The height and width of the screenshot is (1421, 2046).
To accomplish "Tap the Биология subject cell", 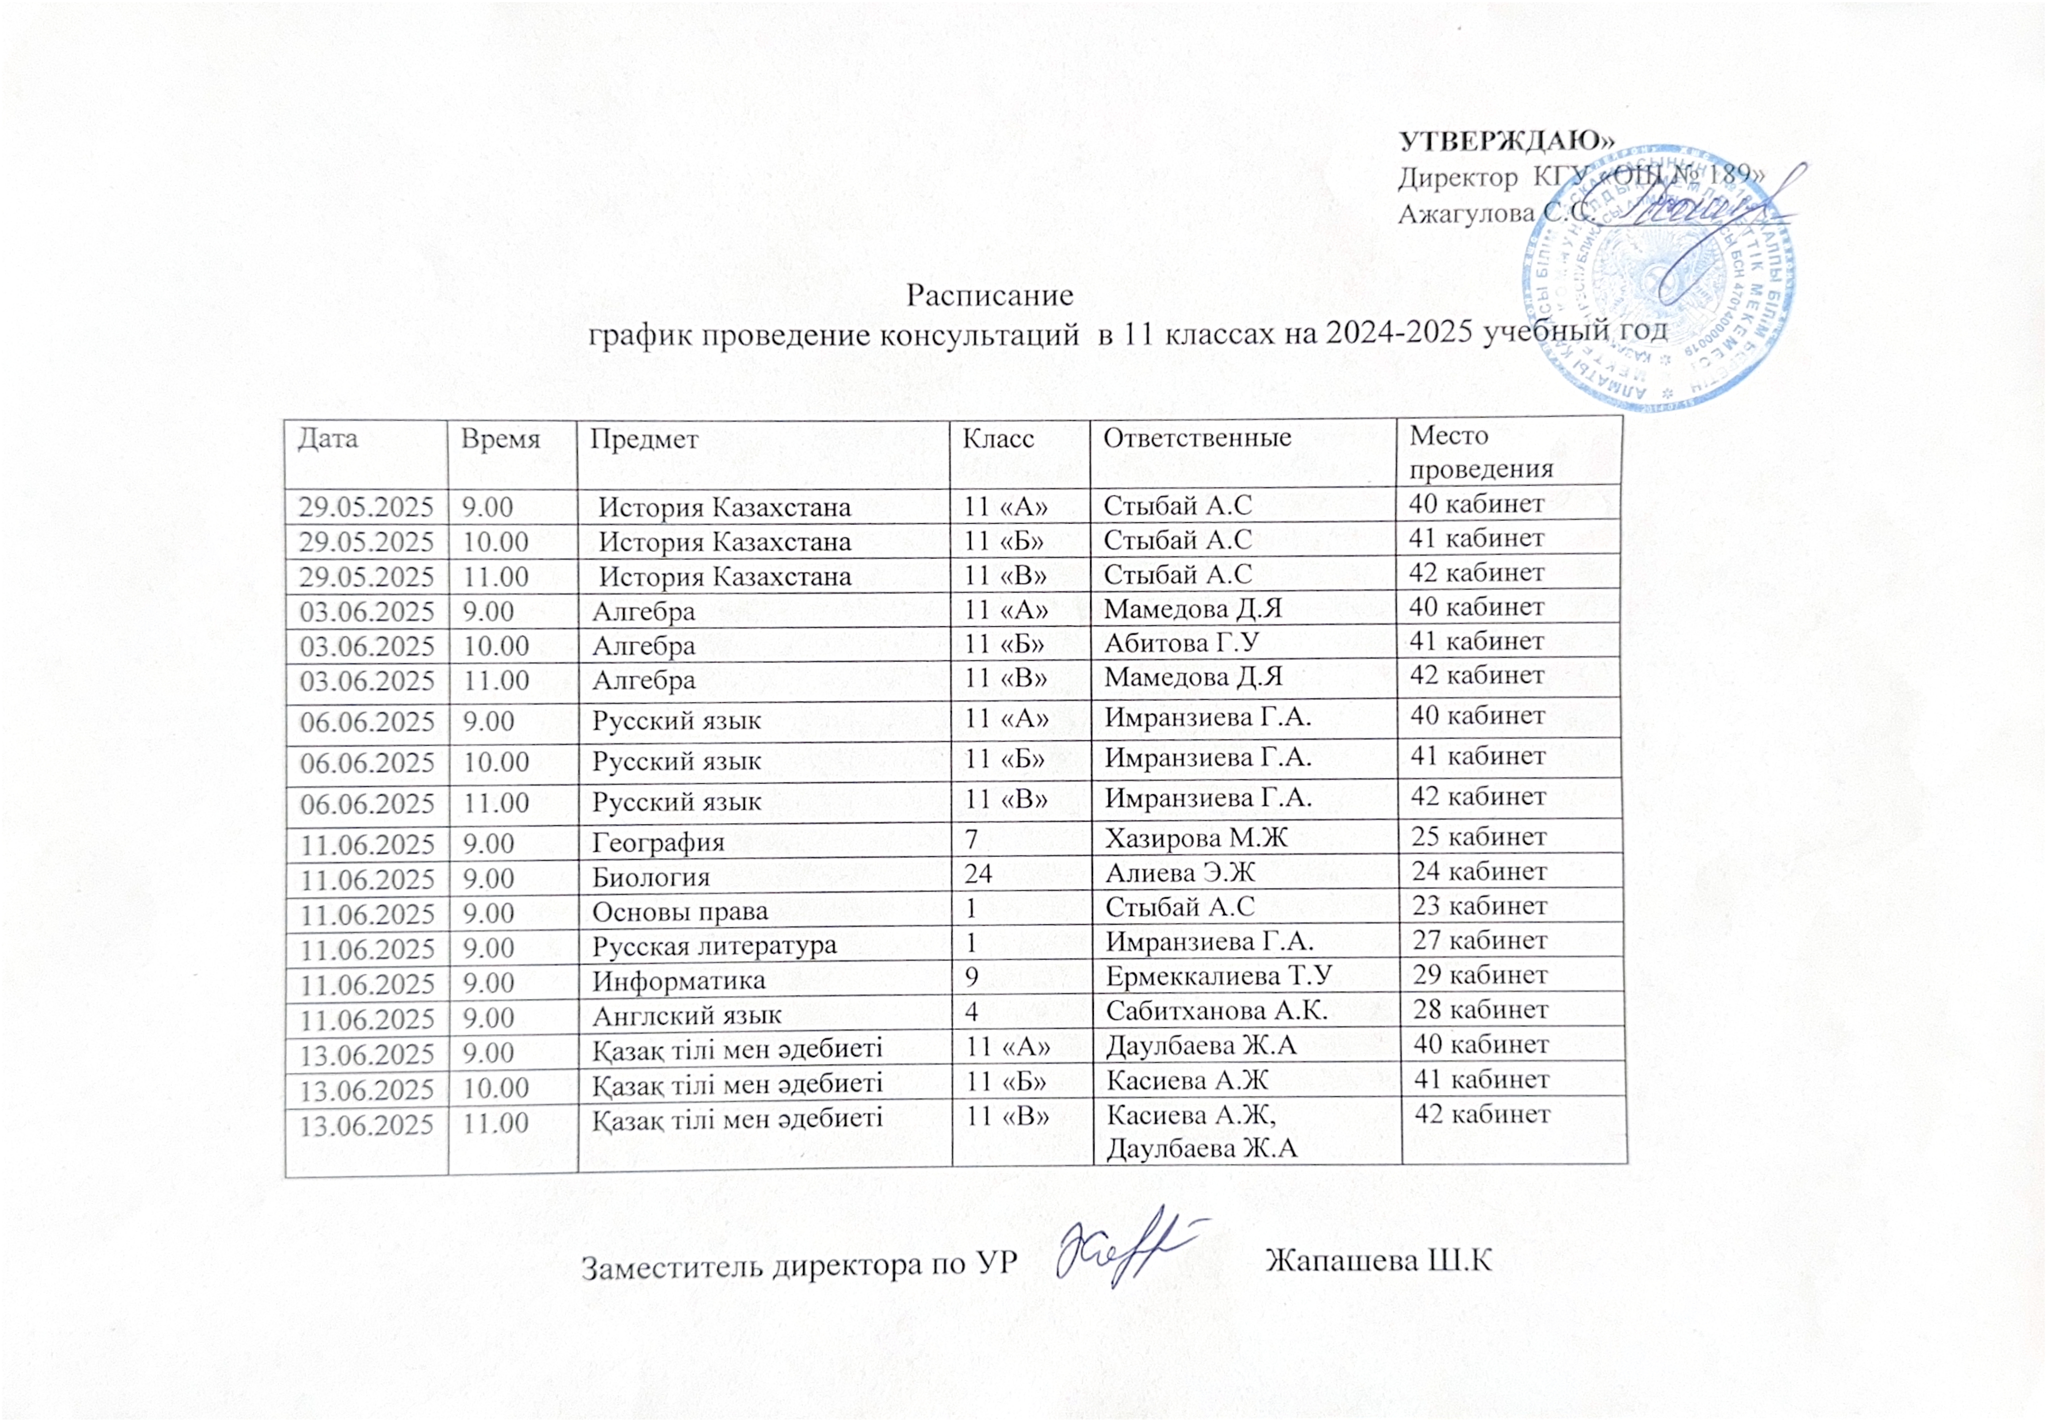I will click(x=651, y=877).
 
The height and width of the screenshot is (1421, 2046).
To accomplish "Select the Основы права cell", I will click(x=679, y=912).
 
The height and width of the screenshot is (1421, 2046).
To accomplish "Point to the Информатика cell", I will click(x=679, y=981).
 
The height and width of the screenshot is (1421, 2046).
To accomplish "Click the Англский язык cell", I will click(x=687, y=1015).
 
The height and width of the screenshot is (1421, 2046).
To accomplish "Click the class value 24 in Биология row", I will click(x=978, y=873).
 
